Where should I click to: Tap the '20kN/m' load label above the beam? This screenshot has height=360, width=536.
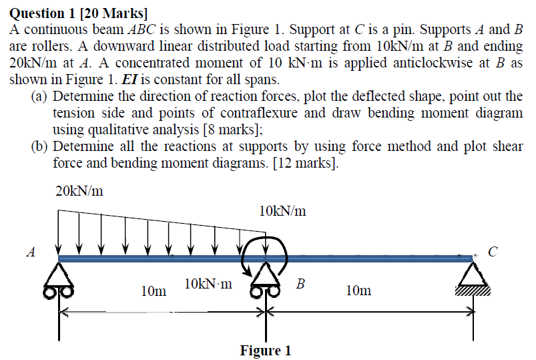79,192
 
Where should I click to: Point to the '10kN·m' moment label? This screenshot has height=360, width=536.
208,284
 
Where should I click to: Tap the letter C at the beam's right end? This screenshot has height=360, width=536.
493,252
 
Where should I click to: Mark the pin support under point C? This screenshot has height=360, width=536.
475,274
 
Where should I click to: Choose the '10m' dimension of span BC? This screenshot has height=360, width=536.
359,290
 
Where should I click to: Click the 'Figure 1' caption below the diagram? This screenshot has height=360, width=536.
266,351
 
